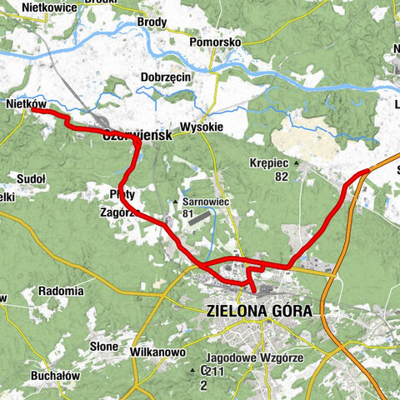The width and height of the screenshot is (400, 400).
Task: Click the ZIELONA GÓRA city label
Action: point(258,311)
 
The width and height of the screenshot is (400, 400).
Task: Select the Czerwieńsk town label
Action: point(137,136)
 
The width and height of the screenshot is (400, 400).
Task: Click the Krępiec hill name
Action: point(269,163)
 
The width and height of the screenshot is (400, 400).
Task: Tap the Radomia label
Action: point(60,292)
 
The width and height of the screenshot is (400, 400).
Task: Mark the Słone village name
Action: point(104,345)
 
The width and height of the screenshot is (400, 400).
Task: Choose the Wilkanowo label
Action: point(157,352)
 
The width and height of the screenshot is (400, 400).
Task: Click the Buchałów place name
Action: point(54,375)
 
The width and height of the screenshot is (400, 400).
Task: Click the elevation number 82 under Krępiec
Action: point(281,177)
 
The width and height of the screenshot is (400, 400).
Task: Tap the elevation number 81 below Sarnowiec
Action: point(187,214)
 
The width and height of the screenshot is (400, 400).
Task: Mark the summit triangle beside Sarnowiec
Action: point(176,202)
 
